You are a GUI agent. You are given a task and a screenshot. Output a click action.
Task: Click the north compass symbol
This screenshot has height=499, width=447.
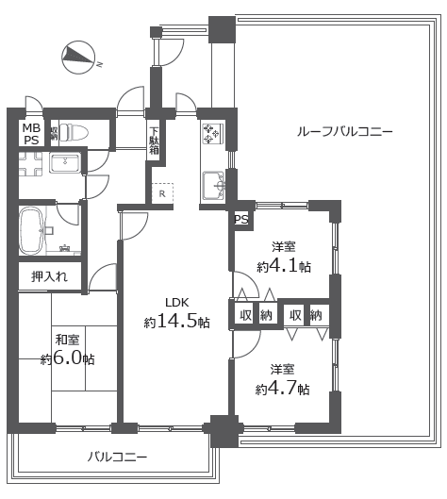click(x=78, y=58)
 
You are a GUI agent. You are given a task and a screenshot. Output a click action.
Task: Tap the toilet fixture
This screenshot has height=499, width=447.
click(x=74, y=132)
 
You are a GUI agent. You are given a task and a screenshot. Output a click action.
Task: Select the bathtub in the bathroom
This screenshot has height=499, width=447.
click(x=31, y=231)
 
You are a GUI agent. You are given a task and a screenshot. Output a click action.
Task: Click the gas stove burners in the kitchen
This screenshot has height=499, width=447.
click(x=213, y=133)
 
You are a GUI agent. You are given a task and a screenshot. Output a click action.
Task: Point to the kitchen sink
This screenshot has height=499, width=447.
click(x=214, y=186)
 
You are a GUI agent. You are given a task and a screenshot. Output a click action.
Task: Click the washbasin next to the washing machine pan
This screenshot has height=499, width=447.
click(x=64, y=163)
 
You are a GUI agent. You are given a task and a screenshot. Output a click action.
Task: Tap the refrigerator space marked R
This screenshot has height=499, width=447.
click(x=162, y=193)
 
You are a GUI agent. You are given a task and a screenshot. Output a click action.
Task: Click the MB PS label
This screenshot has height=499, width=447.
click(x=31, y=134)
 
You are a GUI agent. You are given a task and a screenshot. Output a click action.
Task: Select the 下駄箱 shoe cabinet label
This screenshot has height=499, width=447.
click(x=154, y=141)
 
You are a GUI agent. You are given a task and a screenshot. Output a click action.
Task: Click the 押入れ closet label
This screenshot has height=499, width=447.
click(x=49, y=276)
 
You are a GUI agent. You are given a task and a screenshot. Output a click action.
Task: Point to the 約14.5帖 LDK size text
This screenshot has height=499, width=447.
click(x=176, y=321)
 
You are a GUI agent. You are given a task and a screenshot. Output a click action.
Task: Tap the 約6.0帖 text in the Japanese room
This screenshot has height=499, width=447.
click(x=67, y=358)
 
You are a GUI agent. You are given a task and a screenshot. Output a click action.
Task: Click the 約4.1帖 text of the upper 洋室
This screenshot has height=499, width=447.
click(x=284, y=266)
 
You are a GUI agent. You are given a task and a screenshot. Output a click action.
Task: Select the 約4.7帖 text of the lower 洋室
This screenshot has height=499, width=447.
click(x=282, y=389)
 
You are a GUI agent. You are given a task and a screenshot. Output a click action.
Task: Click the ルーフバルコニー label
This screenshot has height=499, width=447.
click(x=345, y=131)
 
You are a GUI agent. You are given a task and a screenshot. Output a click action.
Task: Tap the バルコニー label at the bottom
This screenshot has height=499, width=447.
click(x=117, y=457)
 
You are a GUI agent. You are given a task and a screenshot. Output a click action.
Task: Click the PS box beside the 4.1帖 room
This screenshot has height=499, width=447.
click(x=241, y=219)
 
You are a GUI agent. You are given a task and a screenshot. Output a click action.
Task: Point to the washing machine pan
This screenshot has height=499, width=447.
click(x=30, y=163)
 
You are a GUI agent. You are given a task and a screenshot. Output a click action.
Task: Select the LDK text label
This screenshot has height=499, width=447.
click(x=177, y=303)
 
